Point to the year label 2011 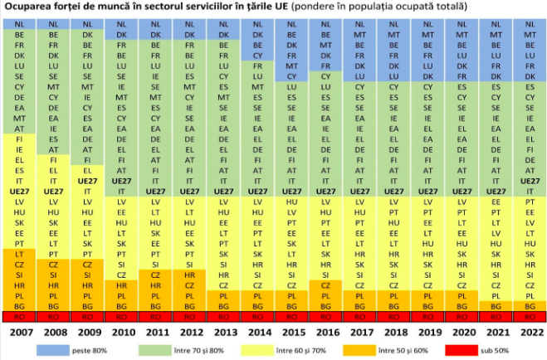[155, 333]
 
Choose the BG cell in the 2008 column [53, 305]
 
